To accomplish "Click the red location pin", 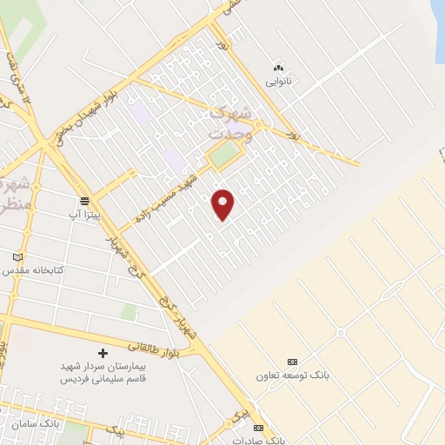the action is (x=223, y=203).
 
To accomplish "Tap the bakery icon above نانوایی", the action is (x=279, y=67).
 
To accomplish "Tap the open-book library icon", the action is (x=18, y=257).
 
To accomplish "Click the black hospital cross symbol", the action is (x=103, y=354).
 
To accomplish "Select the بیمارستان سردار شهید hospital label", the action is (x=103, y=374).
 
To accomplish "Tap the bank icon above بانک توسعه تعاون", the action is (x=292, y=362).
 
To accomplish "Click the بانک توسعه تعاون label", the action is (x=294, y=375).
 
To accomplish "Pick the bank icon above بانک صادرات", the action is (x=258, y=428).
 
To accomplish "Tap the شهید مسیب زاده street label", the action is (x=172, y=196).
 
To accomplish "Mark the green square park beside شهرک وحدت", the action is (x=223, y=156).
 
